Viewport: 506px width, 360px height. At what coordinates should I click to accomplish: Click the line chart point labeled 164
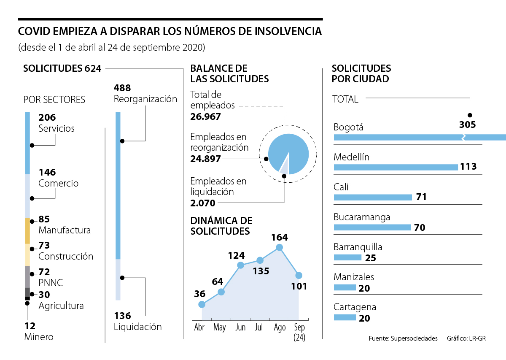pyautogui.click(x=279, y=248)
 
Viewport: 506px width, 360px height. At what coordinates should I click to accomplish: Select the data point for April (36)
pyautogui.click(x=202, y=304)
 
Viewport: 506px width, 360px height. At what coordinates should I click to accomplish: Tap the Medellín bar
pyautogui.click(x=396, y=167)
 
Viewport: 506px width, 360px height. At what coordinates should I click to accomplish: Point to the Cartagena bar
pyautogui.click(x=345, y=317)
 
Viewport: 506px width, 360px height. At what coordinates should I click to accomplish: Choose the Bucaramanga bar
pyautogui.click(x=372, y=227)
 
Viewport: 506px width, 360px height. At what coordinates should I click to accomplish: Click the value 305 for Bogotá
pyautogui.click(x=468, y=125)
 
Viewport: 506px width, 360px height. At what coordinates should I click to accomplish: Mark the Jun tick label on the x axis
pyautogui.click(x=240, y=328)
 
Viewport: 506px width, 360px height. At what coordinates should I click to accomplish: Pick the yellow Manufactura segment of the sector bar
pyautogui.click(x=27, y=231)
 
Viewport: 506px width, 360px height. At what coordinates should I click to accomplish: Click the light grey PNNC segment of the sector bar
pyautogui.click(x=27, y=276)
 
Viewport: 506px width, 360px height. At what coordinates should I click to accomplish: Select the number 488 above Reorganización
pyautogui.click(x=122, y=88)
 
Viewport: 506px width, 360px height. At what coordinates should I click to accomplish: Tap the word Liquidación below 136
pyautogui.click(x=137, y=326)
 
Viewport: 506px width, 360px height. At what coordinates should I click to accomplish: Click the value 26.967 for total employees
pyautogui.click(x=205, y=116)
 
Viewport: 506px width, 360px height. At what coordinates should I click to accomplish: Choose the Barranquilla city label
pyautogui.click(x=358, y=247)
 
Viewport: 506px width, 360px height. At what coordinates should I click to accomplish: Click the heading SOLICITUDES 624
pyautogui.click(x=62, y=68)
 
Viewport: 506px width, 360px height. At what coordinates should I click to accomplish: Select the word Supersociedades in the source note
pyautogui.click(x=414, y=338)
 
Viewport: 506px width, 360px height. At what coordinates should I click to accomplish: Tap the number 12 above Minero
pyautogui.click(x=30, y=326)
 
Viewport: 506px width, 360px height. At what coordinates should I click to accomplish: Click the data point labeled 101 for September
pyautogui.click(x=299, y=275)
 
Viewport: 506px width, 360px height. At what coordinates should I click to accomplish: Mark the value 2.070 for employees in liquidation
pyautogui.click(x=203, y=203)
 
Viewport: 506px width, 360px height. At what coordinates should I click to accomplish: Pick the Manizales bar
pyautogui.click(x=345, y=287)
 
